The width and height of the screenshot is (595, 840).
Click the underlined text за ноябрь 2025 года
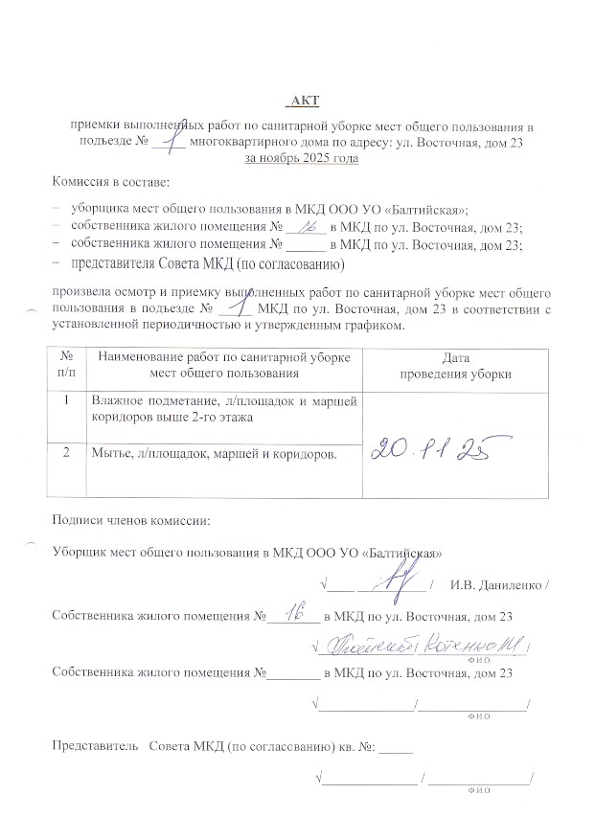(302, 157)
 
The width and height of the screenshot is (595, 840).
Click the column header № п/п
(66, 366)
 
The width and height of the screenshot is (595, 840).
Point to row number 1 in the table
(66, 400)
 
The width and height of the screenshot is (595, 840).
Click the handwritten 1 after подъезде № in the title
(172, 140)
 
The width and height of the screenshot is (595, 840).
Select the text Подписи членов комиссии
(130, 521)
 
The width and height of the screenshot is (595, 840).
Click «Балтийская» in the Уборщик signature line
(401, 553)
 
